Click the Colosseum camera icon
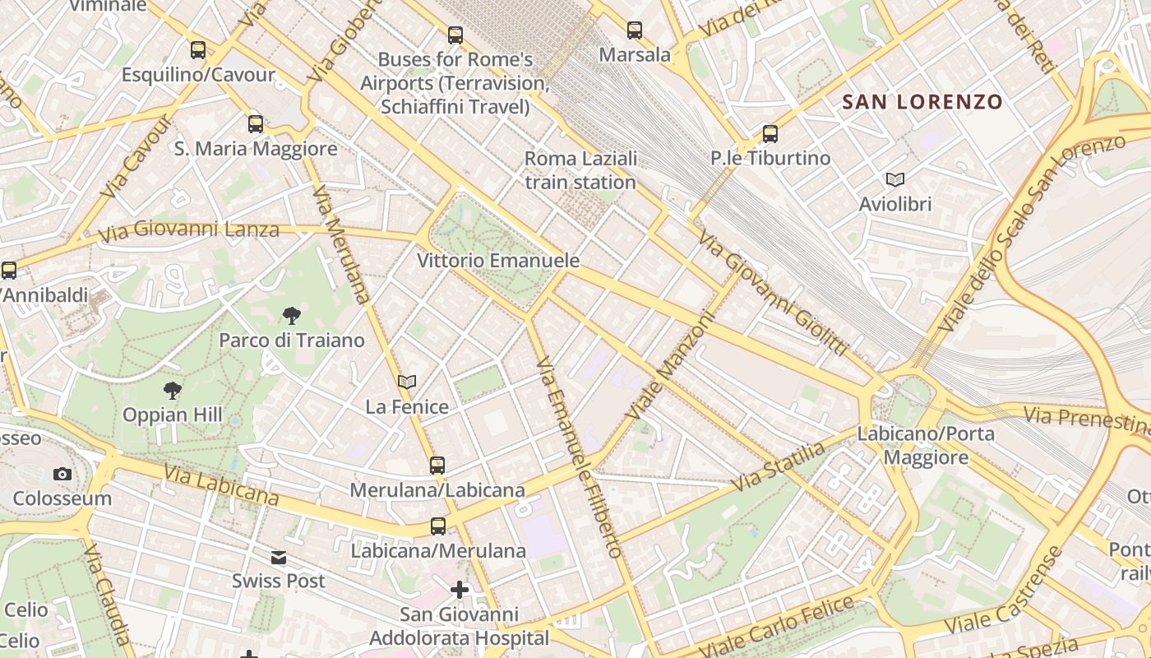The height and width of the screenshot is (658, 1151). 62,474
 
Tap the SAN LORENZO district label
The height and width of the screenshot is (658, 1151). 922,102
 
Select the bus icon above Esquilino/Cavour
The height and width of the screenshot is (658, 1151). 198,50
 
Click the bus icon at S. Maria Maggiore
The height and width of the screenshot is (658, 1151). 256,124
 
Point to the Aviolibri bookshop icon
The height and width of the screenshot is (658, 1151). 895,179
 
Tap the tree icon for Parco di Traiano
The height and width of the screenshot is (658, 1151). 291,315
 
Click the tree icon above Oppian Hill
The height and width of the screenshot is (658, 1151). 172,390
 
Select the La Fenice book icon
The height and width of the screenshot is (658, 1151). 407,382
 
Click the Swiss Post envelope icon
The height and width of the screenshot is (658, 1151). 279,558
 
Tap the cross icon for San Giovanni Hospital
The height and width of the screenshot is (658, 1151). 459,590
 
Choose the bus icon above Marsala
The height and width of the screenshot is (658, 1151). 635,30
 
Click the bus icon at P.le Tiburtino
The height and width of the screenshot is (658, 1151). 770,133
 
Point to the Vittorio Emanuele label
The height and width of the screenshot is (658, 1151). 498,261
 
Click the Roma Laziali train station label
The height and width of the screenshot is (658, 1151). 580,170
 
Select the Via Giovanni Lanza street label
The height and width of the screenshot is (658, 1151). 189,231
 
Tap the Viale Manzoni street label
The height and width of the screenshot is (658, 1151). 671,364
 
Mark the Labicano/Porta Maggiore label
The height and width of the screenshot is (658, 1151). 926,445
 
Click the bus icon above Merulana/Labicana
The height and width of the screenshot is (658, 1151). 437,466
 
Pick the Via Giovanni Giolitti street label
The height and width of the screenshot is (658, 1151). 773,294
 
